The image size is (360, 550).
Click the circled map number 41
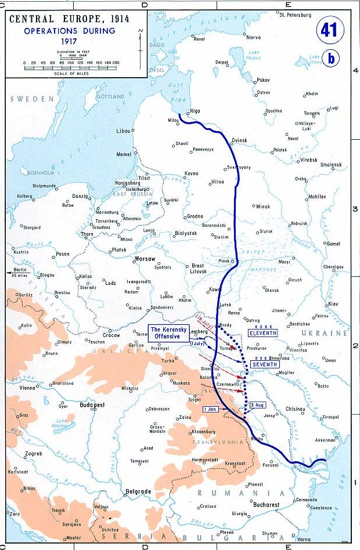pyautogui.click(x=330, y=31)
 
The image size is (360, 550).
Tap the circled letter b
pyautogui.click(x=331, y=59)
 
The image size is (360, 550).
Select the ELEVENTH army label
pyautogui.click(x=262, y=333)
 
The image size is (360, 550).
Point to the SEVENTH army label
pyautogui.click(x=264, y=364)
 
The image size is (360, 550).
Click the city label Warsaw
pyautogui.click(x=145, y=258)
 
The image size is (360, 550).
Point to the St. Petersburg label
pyautogui.click(x=295, y=15)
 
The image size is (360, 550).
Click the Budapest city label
pyautogui.click(x=91, y=405)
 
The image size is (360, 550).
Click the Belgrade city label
pyautogui.click(x=138, y=491)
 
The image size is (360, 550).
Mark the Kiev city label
pyautogui.click(x=333, y=304)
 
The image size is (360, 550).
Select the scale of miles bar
pyautogui.click(x=70, y=68)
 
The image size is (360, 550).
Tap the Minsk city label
pyautogui.click(x=263, y=207)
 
